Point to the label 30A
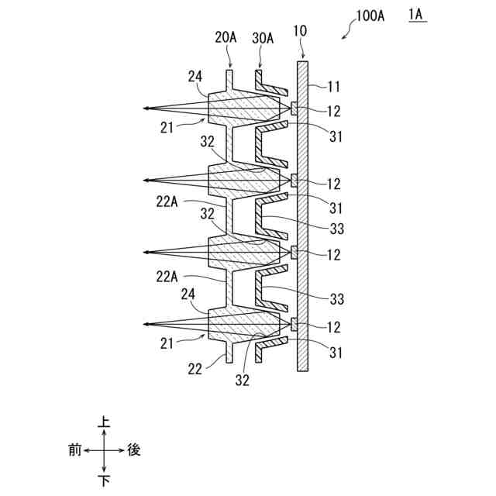(x=263, y=36)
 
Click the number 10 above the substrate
(x=301, y=31)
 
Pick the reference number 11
(x=334, y=87)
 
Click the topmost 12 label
(x=334, y=112)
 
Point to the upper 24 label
(x=195, y=76)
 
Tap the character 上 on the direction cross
(x=105, y=423)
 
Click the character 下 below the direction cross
(x=105, y=480)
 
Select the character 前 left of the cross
(x=74, y=449)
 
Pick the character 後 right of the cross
(x=134, y=449)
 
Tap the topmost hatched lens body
(x=244, y=110)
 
